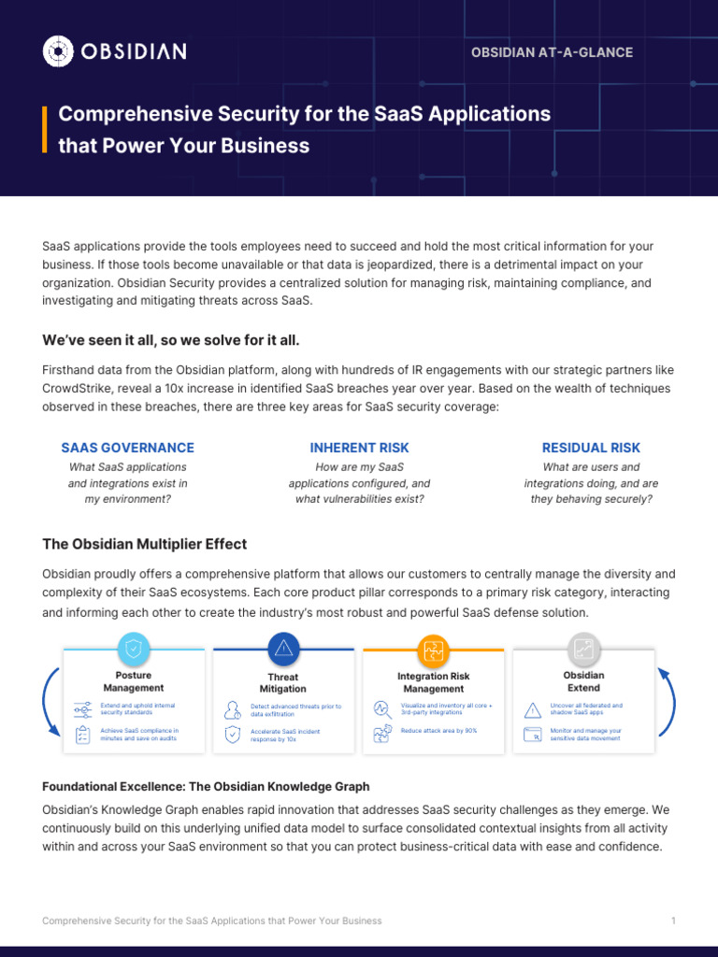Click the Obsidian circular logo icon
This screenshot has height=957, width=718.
58,50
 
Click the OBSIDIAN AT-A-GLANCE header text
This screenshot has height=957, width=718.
552,52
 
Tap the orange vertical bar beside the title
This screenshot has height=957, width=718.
44,129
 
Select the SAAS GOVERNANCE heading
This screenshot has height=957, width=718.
128,448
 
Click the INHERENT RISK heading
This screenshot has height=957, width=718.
359,448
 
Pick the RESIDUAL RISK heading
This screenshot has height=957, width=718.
591,448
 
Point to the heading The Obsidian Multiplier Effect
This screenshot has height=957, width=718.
145,544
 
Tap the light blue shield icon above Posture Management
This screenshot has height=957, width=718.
133,649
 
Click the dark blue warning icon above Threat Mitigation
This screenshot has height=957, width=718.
283,649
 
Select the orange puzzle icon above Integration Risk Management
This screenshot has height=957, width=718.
434,650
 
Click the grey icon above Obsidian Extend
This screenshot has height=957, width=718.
584,649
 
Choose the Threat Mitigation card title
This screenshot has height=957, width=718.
283,683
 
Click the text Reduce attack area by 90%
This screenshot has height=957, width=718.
438,731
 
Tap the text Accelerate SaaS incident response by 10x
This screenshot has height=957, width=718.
286,735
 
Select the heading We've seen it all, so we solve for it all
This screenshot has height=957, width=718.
171,339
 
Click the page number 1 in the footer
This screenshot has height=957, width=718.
673,921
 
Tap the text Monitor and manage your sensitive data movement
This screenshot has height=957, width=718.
586,735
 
